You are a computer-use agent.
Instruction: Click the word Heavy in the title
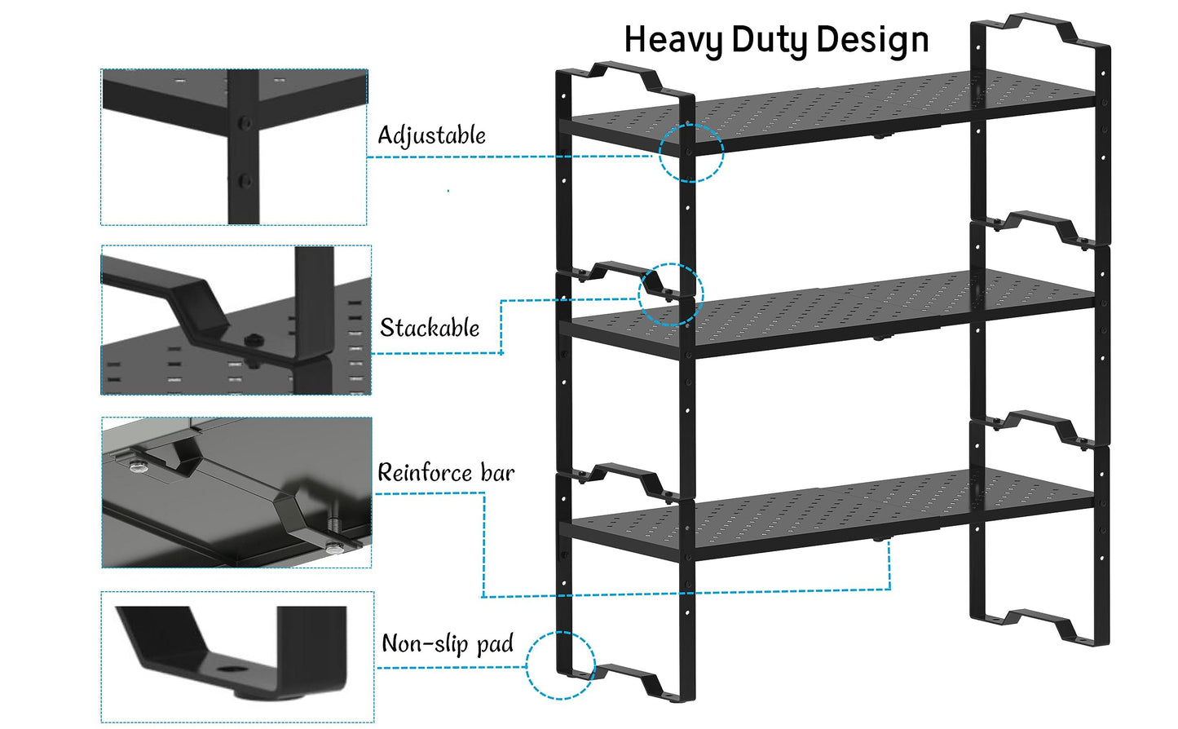coord(673,40)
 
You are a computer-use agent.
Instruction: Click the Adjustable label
coord(431,135)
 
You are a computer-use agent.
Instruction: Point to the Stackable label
coord(430,328)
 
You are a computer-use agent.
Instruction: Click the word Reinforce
coord(425,473)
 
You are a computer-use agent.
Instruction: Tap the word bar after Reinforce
coord(497,473)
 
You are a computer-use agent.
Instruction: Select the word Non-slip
coord(425,644)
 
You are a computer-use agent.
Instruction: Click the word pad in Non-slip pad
coord(495,645)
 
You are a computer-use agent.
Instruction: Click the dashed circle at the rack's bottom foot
coord(560,665)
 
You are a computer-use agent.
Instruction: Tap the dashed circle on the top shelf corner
coord(690,152)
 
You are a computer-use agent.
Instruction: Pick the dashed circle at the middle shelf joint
coord(670,294)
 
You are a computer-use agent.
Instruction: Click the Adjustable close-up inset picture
coord(234,147)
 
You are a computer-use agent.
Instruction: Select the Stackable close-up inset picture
coord(236,320)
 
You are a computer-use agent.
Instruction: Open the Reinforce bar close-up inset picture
coord(236,493)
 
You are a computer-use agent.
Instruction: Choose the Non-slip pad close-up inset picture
coord(237,656)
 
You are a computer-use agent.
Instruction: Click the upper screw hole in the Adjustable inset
coord(242,124)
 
